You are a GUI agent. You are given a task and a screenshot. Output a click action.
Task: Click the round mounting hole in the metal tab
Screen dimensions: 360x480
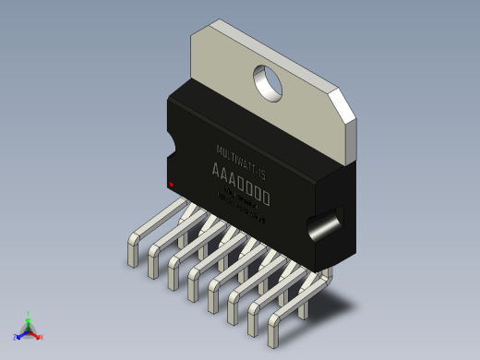(269, 82)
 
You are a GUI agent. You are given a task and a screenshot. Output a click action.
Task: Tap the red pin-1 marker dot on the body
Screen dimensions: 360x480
(171, 184)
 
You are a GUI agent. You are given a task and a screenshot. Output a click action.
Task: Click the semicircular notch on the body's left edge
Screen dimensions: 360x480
(170, 147)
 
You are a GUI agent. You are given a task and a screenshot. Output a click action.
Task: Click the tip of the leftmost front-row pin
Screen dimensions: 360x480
(132, 260)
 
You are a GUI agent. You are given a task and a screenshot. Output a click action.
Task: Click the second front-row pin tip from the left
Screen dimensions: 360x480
(152, 271)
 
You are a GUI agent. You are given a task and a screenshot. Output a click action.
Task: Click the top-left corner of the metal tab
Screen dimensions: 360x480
(192, 35)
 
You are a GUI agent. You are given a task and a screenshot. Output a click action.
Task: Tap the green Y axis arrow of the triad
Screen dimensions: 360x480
(29, 320)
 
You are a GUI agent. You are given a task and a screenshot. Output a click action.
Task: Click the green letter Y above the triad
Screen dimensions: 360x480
(29, 314)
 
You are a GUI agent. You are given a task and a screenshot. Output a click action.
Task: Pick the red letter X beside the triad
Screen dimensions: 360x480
(42, 337)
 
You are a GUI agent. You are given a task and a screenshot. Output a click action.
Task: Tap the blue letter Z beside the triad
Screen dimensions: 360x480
(16, 338)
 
